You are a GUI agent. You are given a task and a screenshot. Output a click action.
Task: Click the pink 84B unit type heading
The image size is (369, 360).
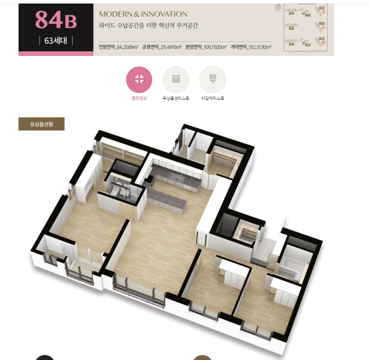click(x=56, y=20)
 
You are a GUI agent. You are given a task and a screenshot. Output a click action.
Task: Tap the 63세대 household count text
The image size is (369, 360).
click(x=56, y=41)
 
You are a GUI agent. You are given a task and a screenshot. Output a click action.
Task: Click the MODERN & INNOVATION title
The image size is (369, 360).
click(x=143, y=14)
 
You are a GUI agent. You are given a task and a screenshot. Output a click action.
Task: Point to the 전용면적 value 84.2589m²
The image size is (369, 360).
click(x=118, y=47)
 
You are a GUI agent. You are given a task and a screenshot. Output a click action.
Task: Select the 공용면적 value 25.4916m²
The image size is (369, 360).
click(x=162, y=47)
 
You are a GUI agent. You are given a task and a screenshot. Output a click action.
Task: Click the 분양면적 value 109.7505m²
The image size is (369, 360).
click(x=206, y=47)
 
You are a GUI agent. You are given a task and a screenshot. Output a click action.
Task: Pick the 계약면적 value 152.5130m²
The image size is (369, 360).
click(x=251, y=47)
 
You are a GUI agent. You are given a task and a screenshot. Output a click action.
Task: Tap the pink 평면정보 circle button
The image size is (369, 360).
click(x=139, y=80)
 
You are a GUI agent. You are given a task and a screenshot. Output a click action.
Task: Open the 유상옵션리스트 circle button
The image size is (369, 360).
click(x=176, y=80)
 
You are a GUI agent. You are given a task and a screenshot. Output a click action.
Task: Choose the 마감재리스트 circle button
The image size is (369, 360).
click(x=212, y=80)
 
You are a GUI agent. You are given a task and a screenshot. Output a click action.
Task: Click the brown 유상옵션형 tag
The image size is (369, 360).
click(x=41, y=124)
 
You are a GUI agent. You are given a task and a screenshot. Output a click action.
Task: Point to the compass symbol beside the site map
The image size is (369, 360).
click(x=278, y=7)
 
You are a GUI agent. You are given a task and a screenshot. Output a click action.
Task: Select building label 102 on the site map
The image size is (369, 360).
click(x=292, y=13)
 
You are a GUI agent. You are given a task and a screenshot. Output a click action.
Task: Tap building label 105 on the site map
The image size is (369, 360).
click(x=307, y=45)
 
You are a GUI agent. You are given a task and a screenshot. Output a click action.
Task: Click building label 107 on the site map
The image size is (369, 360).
click(x=322, y=23)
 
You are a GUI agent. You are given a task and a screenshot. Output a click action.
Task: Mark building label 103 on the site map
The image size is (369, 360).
click(x=292, y=28)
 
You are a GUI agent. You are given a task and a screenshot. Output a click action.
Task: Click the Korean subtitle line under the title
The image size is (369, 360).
click(x=148, y=26)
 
